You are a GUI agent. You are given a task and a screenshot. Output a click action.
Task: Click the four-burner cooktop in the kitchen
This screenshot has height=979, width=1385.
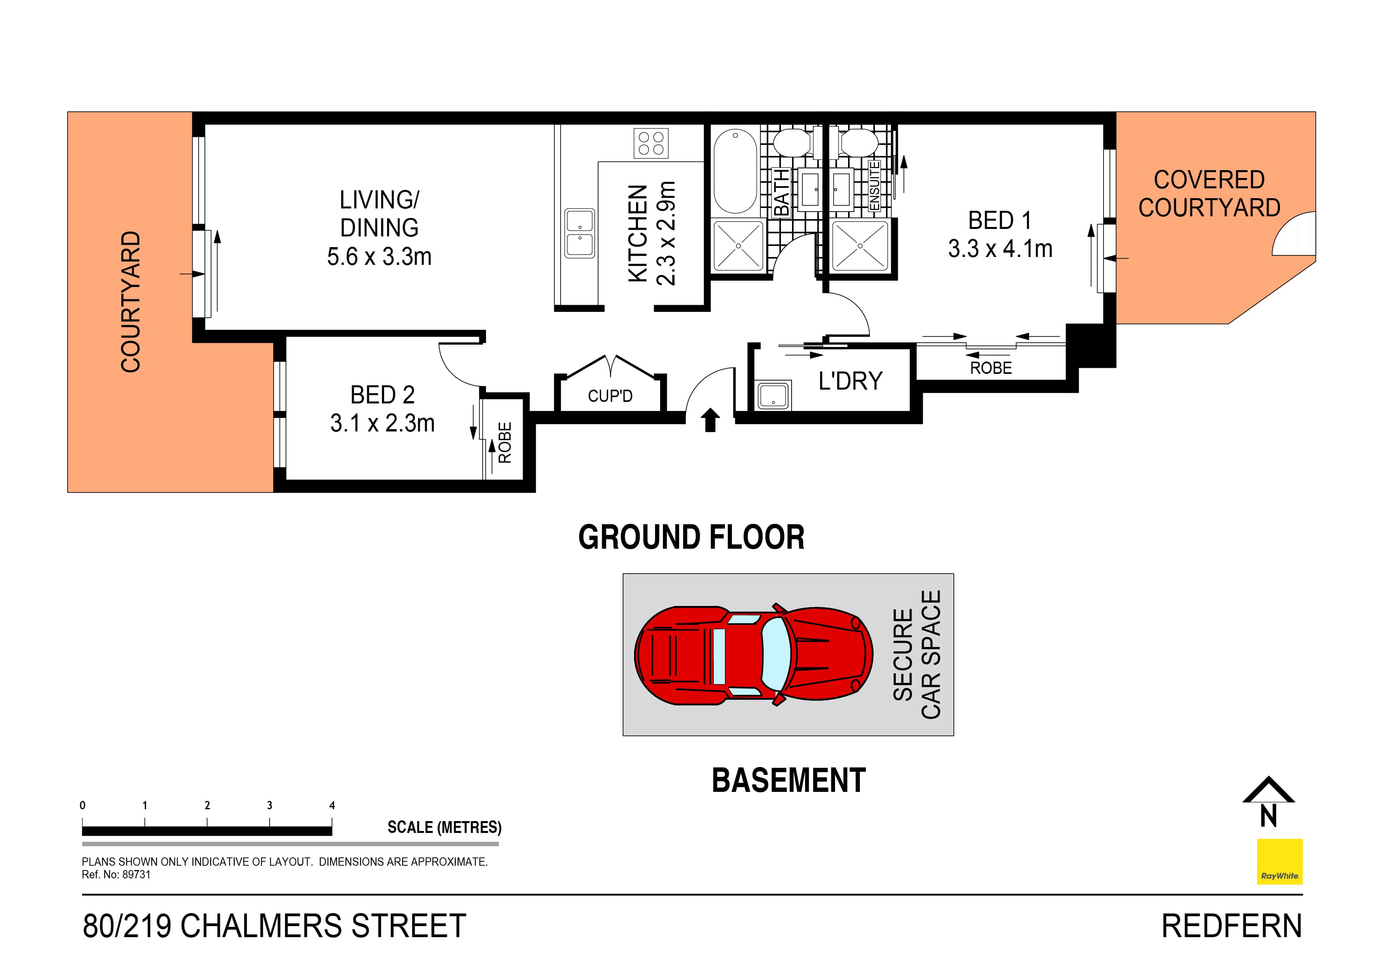tap(651, 143)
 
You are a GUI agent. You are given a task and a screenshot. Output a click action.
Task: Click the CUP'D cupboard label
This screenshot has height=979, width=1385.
tap(610, 396)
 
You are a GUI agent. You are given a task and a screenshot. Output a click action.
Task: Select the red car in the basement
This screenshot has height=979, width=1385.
tap(753, 654)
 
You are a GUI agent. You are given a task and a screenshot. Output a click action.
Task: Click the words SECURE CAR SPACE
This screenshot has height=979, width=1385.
tap(916, 655)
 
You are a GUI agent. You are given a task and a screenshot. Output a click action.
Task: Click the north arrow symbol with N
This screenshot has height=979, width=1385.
tap(1268, 802)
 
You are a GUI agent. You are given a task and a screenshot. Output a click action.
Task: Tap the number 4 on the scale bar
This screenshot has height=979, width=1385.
tap(332, 805)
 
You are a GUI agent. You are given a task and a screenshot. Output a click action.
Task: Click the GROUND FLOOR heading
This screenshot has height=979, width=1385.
tap(691, 537)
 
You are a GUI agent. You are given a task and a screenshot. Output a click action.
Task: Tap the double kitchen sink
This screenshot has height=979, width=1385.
tap(580, 233)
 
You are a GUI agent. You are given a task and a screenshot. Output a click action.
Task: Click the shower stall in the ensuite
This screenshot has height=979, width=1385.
tap(860, 246)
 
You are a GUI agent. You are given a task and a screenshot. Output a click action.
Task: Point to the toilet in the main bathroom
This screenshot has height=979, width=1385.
tap(792, 143)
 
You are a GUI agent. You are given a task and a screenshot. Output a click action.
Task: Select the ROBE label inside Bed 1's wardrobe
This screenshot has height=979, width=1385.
tap(991, 368)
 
